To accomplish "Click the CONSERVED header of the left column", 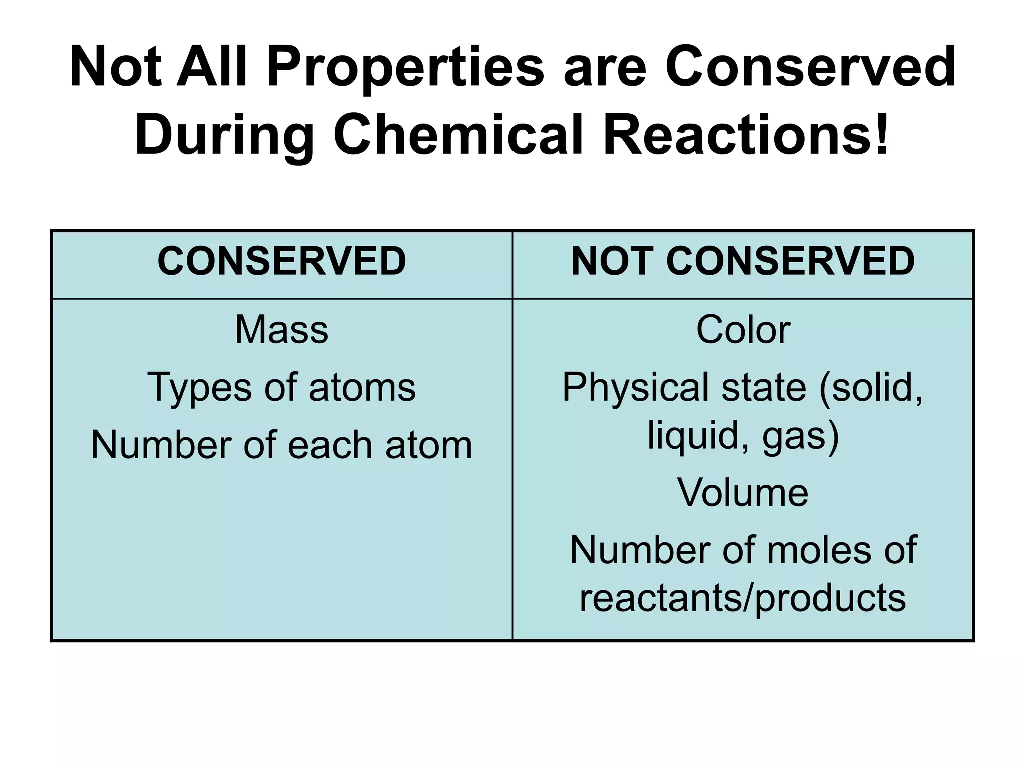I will point(281,261).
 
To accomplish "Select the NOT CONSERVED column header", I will point(743,261).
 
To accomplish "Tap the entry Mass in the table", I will point(281,330).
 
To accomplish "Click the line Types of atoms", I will point(281,388).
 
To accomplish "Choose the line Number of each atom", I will point(281,445).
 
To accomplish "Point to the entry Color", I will point(743,330).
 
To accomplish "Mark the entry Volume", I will point(743,493).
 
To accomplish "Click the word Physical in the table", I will point(634,388).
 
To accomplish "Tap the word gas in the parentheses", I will point(796,436).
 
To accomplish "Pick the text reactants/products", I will point(743,598).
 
